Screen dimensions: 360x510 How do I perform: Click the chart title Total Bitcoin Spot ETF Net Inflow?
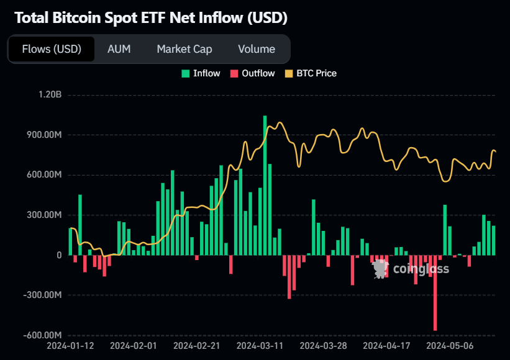(x=150, y=17)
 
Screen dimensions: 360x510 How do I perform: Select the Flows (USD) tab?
(x=52, y=49)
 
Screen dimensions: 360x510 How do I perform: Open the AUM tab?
(x=119, y=49)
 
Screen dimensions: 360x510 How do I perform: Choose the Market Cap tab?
(x=184, y=49)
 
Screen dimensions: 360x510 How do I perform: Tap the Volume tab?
(x=256, y=49)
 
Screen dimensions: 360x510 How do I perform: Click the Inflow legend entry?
(x=201, y=73)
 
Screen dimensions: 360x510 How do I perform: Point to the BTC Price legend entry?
(x=311, y=73)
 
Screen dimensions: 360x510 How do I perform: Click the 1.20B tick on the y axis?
(x=50, y=95)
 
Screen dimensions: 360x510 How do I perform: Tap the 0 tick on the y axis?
(x=59, y=255)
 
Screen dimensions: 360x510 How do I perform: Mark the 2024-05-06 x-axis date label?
(x=451, y=345)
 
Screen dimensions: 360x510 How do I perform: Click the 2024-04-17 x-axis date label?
(x=387, y=345)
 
